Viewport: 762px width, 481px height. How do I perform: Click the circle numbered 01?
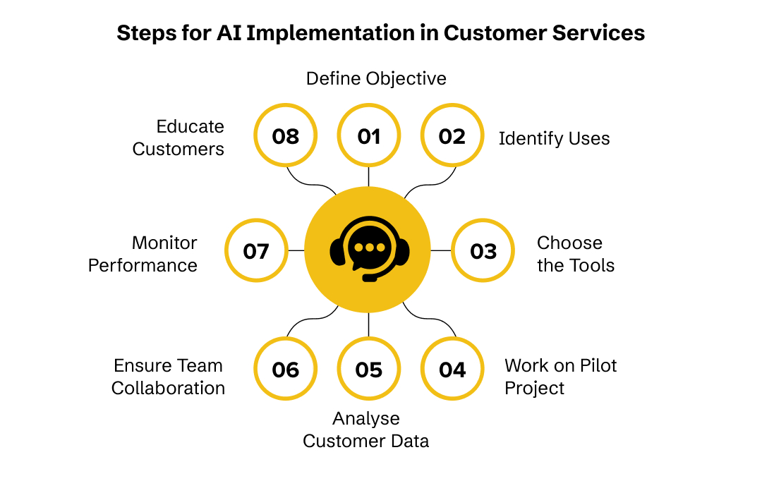(x=369, y=136)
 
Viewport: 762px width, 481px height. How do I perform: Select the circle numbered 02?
(x=452, y=136)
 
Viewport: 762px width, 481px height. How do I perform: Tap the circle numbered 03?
(x=483, y=250)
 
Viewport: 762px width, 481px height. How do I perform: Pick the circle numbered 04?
(x=452, y=370)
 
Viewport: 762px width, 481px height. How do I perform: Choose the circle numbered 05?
(x=369, y=370)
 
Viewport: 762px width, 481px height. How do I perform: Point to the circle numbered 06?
(x=285, y=370)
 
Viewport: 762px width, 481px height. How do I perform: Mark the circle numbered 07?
(x=255, y=250)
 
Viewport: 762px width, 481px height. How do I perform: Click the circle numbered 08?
(x=285, y=136)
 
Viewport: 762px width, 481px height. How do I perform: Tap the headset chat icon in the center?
(x=369, y=250)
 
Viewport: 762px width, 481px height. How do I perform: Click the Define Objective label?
(x=376, y=78)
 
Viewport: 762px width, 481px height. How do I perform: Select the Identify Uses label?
(x=554, y=138)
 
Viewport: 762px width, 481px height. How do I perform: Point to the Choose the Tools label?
(x=575, y=254)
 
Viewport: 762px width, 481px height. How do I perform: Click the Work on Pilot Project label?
(x=560, y=377)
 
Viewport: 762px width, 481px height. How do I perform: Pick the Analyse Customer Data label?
(x=366, y=430)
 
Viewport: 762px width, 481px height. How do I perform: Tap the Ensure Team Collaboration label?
(x=169, y=377)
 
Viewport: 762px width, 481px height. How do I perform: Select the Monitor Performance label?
(x=143, y=254)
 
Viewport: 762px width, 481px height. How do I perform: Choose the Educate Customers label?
(x=179, y=138)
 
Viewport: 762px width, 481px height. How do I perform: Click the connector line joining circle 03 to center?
(x=441, y=250)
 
